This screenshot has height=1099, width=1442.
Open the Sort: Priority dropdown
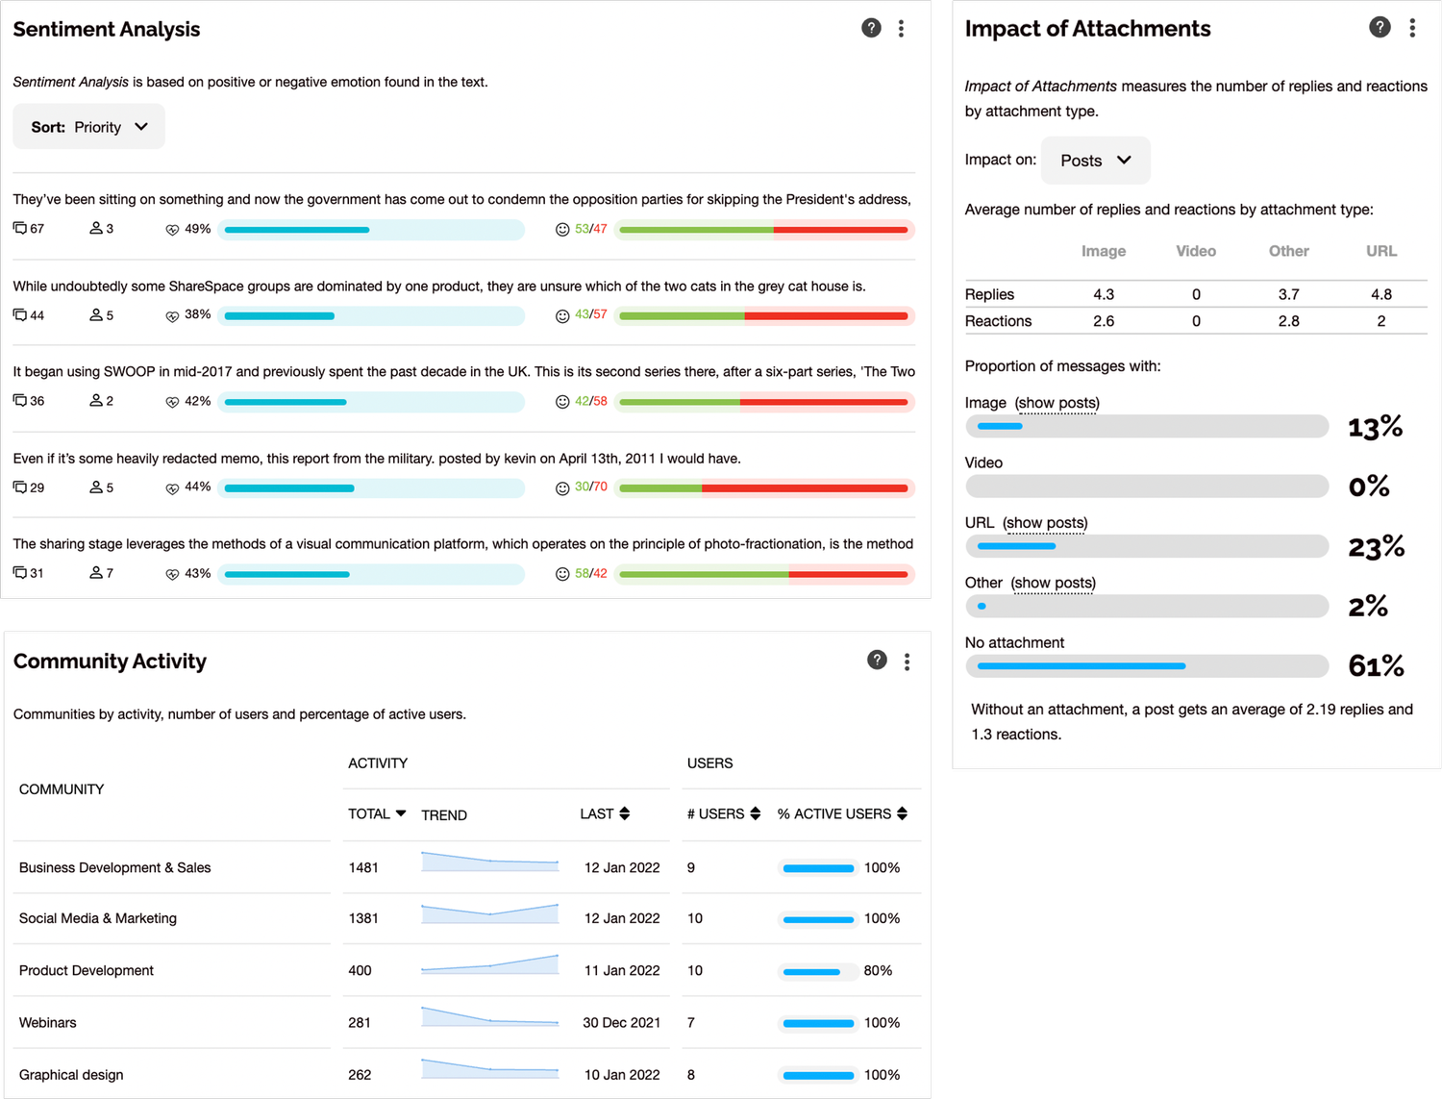[x=89, y=127]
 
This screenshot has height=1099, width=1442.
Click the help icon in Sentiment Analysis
[x=871, y=28]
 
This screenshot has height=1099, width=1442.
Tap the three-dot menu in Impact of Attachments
[x=1412, y=28]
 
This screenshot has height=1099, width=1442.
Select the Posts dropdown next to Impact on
[x=1095, y=161]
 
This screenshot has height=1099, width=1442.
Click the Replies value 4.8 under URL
[x=1381, y=294]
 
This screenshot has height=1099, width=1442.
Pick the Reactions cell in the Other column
[x=1288, y=321]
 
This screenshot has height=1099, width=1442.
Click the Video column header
[x=1196, y=251]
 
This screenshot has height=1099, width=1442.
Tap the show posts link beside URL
[x=1045, y=523]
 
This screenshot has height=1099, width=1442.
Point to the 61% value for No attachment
[x=1376, y=665]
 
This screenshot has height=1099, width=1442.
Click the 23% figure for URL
[x=1376, y=547]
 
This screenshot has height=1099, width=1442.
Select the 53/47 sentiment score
[x=590, y=229]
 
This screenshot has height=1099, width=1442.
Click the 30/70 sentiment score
[x=590, y=487]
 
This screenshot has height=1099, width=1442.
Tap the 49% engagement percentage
[x=197, y=229]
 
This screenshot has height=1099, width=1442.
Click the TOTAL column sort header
[x=377, y=813]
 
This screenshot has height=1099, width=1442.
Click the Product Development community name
[x=87, y=970]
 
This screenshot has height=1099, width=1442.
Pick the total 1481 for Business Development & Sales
[x=363, y=867]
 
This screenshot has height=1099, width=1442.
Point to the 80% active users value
[x=878, y=970]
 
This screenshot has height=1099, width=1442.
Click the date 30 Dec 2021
[x=621, y=1022]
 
